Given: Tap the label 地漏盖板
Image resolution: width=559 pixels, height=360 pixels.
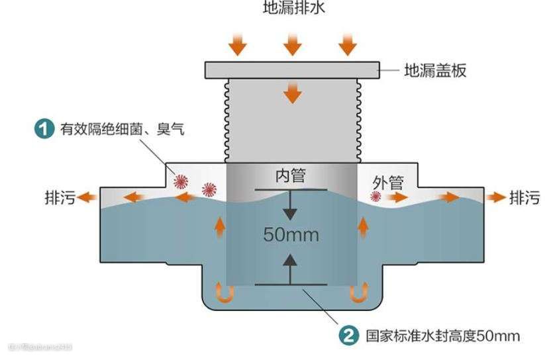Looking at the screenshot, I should (x=435, y=70).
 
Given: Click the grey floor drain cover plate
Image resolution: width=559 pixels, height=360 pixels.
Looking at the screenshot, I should (x=291, y=69).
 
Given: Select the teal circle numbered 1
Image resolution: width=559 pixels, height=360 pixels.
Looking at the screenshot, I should (x=44, y=128).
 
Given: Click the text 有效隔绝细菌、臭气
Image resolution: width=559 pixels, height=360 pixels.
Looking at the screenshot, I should (x=123, y=129).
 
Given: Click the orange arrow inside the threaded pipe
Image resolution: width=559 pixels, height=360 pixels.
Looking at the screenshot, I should (x=291, y=93).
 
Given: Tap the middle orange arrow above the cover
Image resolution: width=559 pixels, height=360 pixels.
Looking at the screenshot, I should (x=292, y=45).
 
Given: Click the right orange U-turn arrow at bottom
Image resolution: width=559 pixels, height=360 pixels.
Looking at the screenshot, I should (x=358, y=292).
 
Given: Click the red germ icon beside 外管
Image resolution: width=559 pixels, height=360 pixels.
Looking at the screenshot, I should (x=376, y=197).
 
